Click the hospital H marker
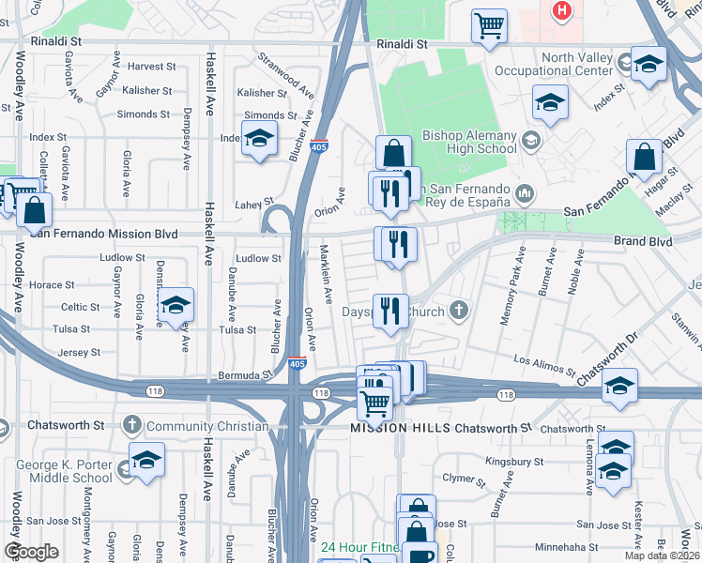click(x=561, y=10)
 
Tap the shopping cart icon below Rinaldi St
click(x=489, y=26)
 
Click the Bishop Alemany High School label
click(x=469, y=142)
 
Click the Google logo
click(x=31, y=552)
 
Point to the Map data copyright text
click(x=662, y=555)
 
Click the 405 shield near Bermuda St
click(x=297, y=362)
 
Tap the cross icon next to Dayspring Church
click(x=459, y=309)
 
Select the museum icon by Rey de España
click(x=525, y=194)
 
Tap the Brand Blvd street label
click(x=644, y=241)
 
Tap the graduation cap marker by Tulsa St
click(x=175, y=307)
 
